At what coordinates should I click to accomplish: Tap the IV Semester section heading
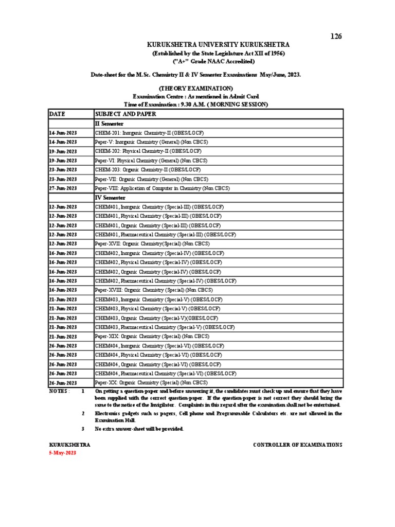(x=111, y=198)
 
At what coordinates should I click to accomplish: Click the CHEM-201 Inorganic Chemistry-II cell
(x=149, y=133)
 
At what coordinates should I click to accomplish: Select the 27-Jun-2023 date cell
(x=63, y=188)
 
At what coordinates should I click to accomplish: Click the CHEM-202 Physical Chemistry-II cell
(x=148, y=151)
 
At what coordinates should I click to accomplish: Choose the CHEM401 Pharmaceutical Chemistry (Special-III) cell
(x=166, y=235)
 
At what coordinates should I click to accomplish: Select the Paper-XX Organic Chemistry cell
(x=151, y=383)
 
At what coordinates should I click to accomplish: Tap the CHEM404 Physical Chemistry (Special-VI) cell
(x=158, y=355)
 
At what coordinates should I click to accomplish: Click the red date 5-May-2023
(x=63, y=452)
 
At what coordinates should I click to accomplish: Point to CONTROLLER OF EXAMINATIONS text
(x=297, y=445)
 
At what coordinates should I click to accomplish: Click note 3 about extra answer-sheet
(x=139, y=429)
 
